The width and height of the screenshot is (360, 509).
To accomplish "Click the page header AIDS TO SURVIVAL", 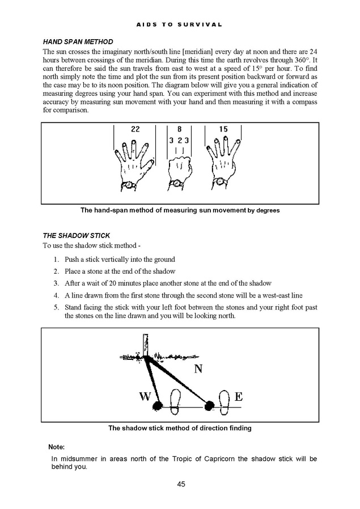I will [180, 25].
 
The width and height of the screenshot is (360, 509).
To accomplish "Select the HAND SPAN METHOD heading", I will [78, 42].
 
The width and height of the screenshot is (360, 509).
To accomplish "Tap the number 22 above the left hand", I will [135, 129].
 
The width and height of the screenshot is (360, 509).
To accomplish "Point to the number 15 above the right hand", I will [223, 129].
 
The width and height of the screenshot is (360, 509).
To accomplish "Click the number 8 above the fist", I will [179, 129].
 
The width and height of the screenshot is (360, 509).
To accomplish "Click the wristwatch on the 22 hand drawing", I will [130, 185].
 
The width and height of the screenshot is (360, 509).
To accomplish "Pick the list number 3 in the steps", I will [57, 283].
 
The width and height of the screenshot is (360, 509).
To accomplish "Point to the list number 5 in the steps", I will [57, 308].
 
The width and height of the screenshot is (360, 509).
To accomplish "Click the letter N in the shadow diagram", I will [198, 370].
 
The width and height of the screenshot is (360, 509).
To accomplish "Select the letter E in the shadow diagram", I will [238, 397].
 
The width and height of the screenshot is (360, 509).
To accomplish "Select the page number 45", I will [181, 483].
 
